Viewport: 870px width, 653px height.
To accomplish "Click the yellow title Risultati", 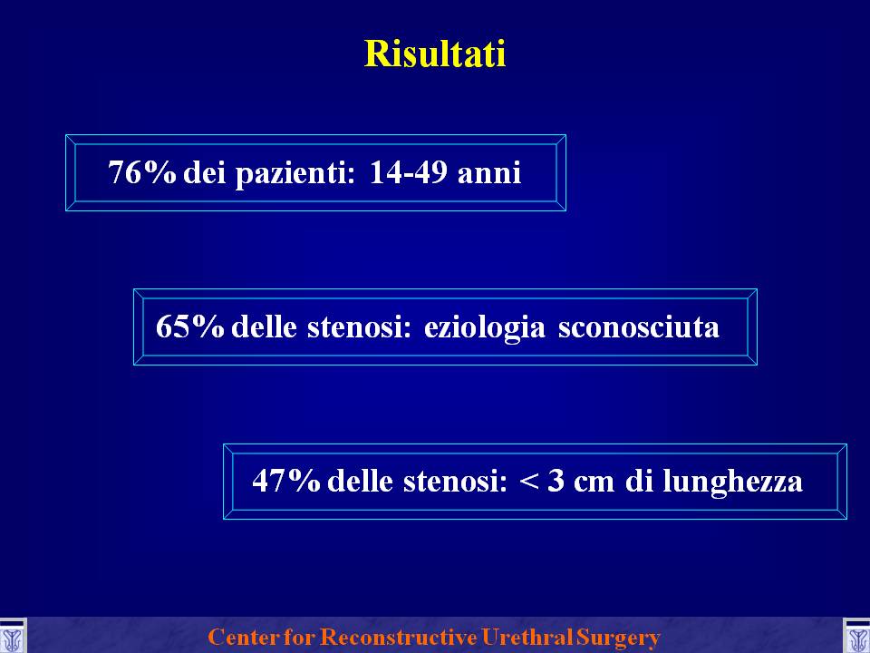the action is click(x=435, y=54).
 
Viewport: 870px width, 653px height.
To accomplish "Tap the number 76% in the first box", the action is click(x=142, y=171).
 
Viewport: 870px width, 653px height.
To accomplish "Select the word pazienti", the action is click(x=295, y=174).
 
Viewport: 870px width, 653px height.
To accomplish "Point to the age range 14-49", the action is click(x=409, y=171).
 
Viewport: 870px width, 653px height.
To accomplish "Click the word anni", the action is click(x=489, y=174).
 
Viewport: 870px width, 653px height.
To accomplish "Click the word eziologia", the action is click(x=484, y=327).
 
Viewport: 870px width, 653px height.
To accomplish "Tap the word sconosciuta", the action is click(x=639, y=327).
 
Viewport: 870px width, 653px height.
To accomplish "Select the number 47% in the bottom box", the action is click(x=286, y=481).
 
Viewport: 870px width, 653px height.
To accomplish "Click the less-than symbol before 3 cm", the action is click(x=529, y=482).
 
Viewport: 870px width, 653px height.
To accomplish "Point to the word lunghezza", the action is click(x=732, y=482).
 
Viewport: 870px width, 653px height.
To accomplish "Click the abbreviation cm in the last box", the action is click(x=594, y=483).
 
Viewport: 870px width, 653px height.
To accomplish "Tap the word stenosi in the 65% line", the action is click(x=359, y=327).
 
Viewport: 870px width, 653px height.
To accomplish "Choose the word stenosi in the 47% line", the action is click(x=455, y=482).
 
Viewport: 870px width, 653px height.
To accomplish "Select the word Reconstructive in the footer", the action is click(x=399, y=637).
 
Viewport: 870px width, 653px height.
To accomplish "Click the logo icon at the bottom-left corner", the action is click(x=13, y=637).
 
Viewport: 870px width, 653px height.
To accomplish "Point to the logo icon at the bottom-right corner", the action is click(x=856, y=637).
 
